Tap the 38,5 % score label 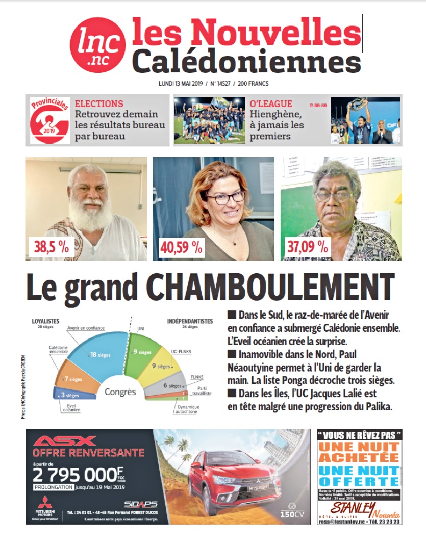point(51,247)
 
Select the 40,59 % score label point(182,247)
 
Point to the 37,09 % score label point(309,247)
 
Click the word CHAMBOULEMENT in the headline point(273,288)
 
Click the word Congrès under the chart point(120,392)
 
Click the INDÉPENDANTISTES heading point(190,321)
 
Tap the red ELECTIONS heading point(99,103)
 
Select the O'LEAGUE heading point(271,103)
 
